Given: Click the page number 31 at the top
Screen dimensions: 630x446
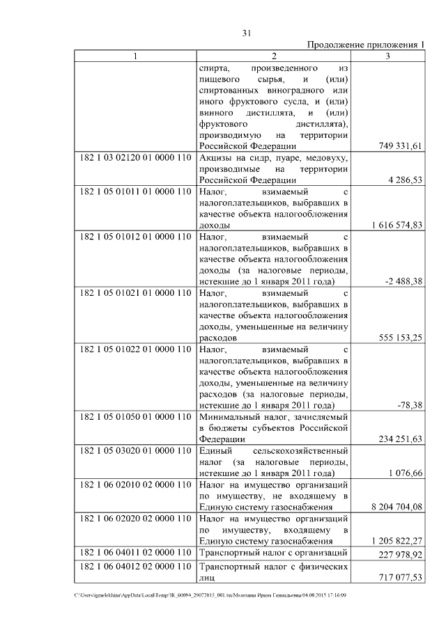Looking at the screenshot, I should [x=246, y=32].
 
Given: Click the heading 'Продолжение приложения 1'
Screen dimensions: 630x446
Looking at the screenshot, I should [x=366, y=45].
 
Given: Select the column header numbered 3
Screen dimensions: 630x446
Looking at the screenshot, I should [x=387, y=56].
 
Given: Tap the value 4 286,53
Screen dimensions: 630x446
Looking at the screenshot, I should [x=406, y=180].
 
